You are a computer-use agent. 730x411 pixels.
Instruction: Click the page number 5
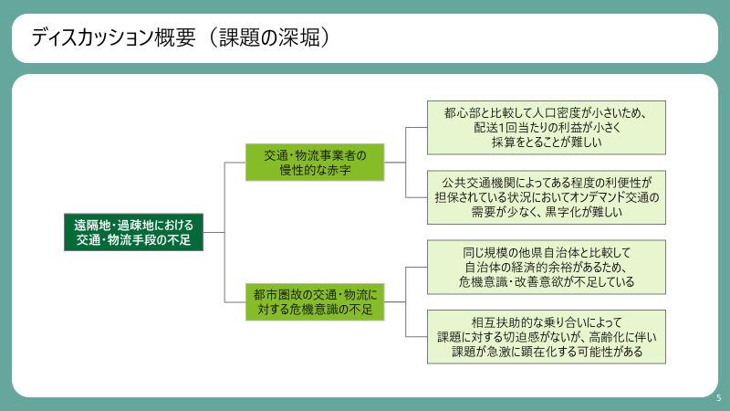point(718,398)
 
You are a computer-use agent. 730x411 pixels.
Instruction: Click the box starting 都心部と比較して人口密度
point(547,127)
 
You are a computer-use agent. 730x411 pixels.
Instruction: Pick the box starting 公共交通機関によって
point(547,197)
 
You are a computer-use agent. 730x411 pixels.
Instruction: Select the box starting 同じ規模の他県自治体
point(547,267)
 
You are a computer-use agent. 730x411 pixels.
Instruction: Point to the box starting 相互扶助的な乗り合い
point(547,336)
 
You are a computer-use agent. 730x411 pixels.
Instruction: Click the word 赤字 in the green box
point(352,171)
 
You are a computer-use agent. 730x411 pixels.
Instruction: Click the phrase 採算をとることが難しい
point(547,142)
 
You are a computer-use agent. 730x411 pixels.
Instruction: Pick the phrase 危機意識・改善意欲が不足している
point(547,282)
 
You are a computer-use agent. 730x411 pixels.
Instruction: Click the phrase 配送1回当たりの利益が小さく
point(547,128)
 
